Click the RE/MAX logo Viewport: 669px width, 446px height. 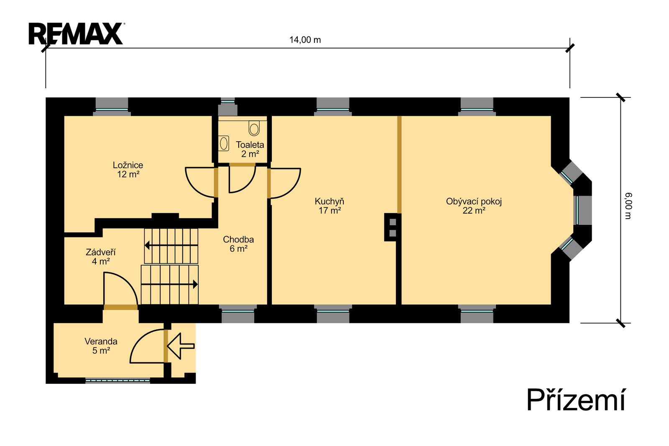point(77,33)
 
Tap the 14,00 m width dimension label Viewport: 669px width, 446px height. point(305,40)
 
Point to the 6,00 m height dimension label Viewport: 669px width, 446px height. point(628,206)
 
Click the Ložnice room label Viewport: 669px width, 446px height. point(128,170)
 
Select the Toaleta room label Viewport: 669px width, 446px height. point(250,149)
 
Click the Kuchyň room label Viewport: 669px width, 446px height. point(329,206)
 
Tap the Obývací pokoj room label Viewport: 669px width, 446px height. point(474,206)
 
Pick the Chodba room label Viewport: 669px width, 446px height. point(238,244)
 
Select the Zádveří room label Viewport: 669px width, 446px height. point(101,257)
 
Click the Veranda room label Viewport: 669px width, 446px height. point(101,346)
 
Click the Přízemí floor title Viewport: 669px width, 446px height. point(576,400)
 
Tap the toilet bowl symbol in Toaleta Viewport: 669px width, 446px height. point(254,128)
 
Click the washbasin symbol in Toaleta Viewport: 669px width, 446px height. point(224,143)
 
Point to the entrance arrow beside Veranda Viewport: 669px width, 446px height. point(181,346)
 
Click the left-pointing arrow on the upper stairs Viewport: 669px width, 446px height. point(171,245)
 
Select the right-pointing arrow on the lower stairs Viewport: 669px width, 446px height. point(169,284)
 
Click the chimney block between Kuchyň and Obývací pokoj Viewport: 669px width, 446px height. point(393,227)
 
